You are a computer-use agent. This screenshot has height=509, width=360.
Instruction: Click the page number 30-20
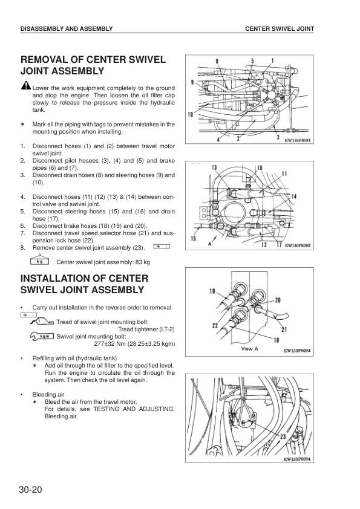30,490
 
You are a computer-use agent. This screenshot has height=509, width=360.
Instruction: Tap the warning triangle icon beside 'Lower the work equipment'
25,85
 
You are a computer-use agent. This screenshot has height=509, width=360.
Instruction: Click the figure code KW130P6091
297,141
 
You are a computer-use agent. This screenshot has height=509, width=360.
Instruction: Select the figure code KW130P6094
297,459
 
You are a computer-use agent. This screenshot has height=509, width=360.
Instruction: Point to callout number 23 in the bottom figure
283,436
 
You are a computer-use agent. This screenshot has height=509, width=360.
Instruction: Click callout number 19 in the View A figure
212,291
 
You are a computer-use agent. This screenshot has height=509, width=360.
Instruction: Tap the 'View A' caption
249,349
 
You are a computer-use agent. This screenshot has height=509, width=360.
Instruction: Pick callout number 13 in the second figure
214,167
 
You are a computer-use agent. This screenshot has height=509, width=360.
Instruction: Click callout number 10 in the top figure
191,114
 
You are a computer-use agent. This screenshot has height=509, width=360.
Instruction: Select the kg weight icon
39,261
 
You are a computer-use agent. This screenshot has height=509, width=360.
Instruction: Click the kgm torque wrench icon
42,337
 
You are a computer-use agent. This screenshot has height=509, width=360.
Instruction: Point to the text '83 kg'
143,262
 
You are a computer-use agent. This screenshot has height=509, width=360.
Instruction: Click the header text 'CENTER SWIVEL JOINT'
280,28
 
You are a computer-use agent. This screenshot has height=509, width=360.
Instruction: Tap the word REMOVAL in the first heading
48,59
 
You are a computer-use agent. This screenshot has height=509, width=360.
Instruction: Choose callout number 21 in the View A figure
284,330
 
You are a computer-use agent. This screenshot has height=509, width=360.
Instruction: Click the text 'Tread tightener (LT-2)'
146,329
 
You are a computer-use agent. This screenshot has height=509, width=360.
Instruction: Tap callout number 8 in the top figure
217,61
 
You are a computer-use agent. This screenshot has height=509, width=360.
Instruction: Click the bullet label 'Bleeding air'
48,395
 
